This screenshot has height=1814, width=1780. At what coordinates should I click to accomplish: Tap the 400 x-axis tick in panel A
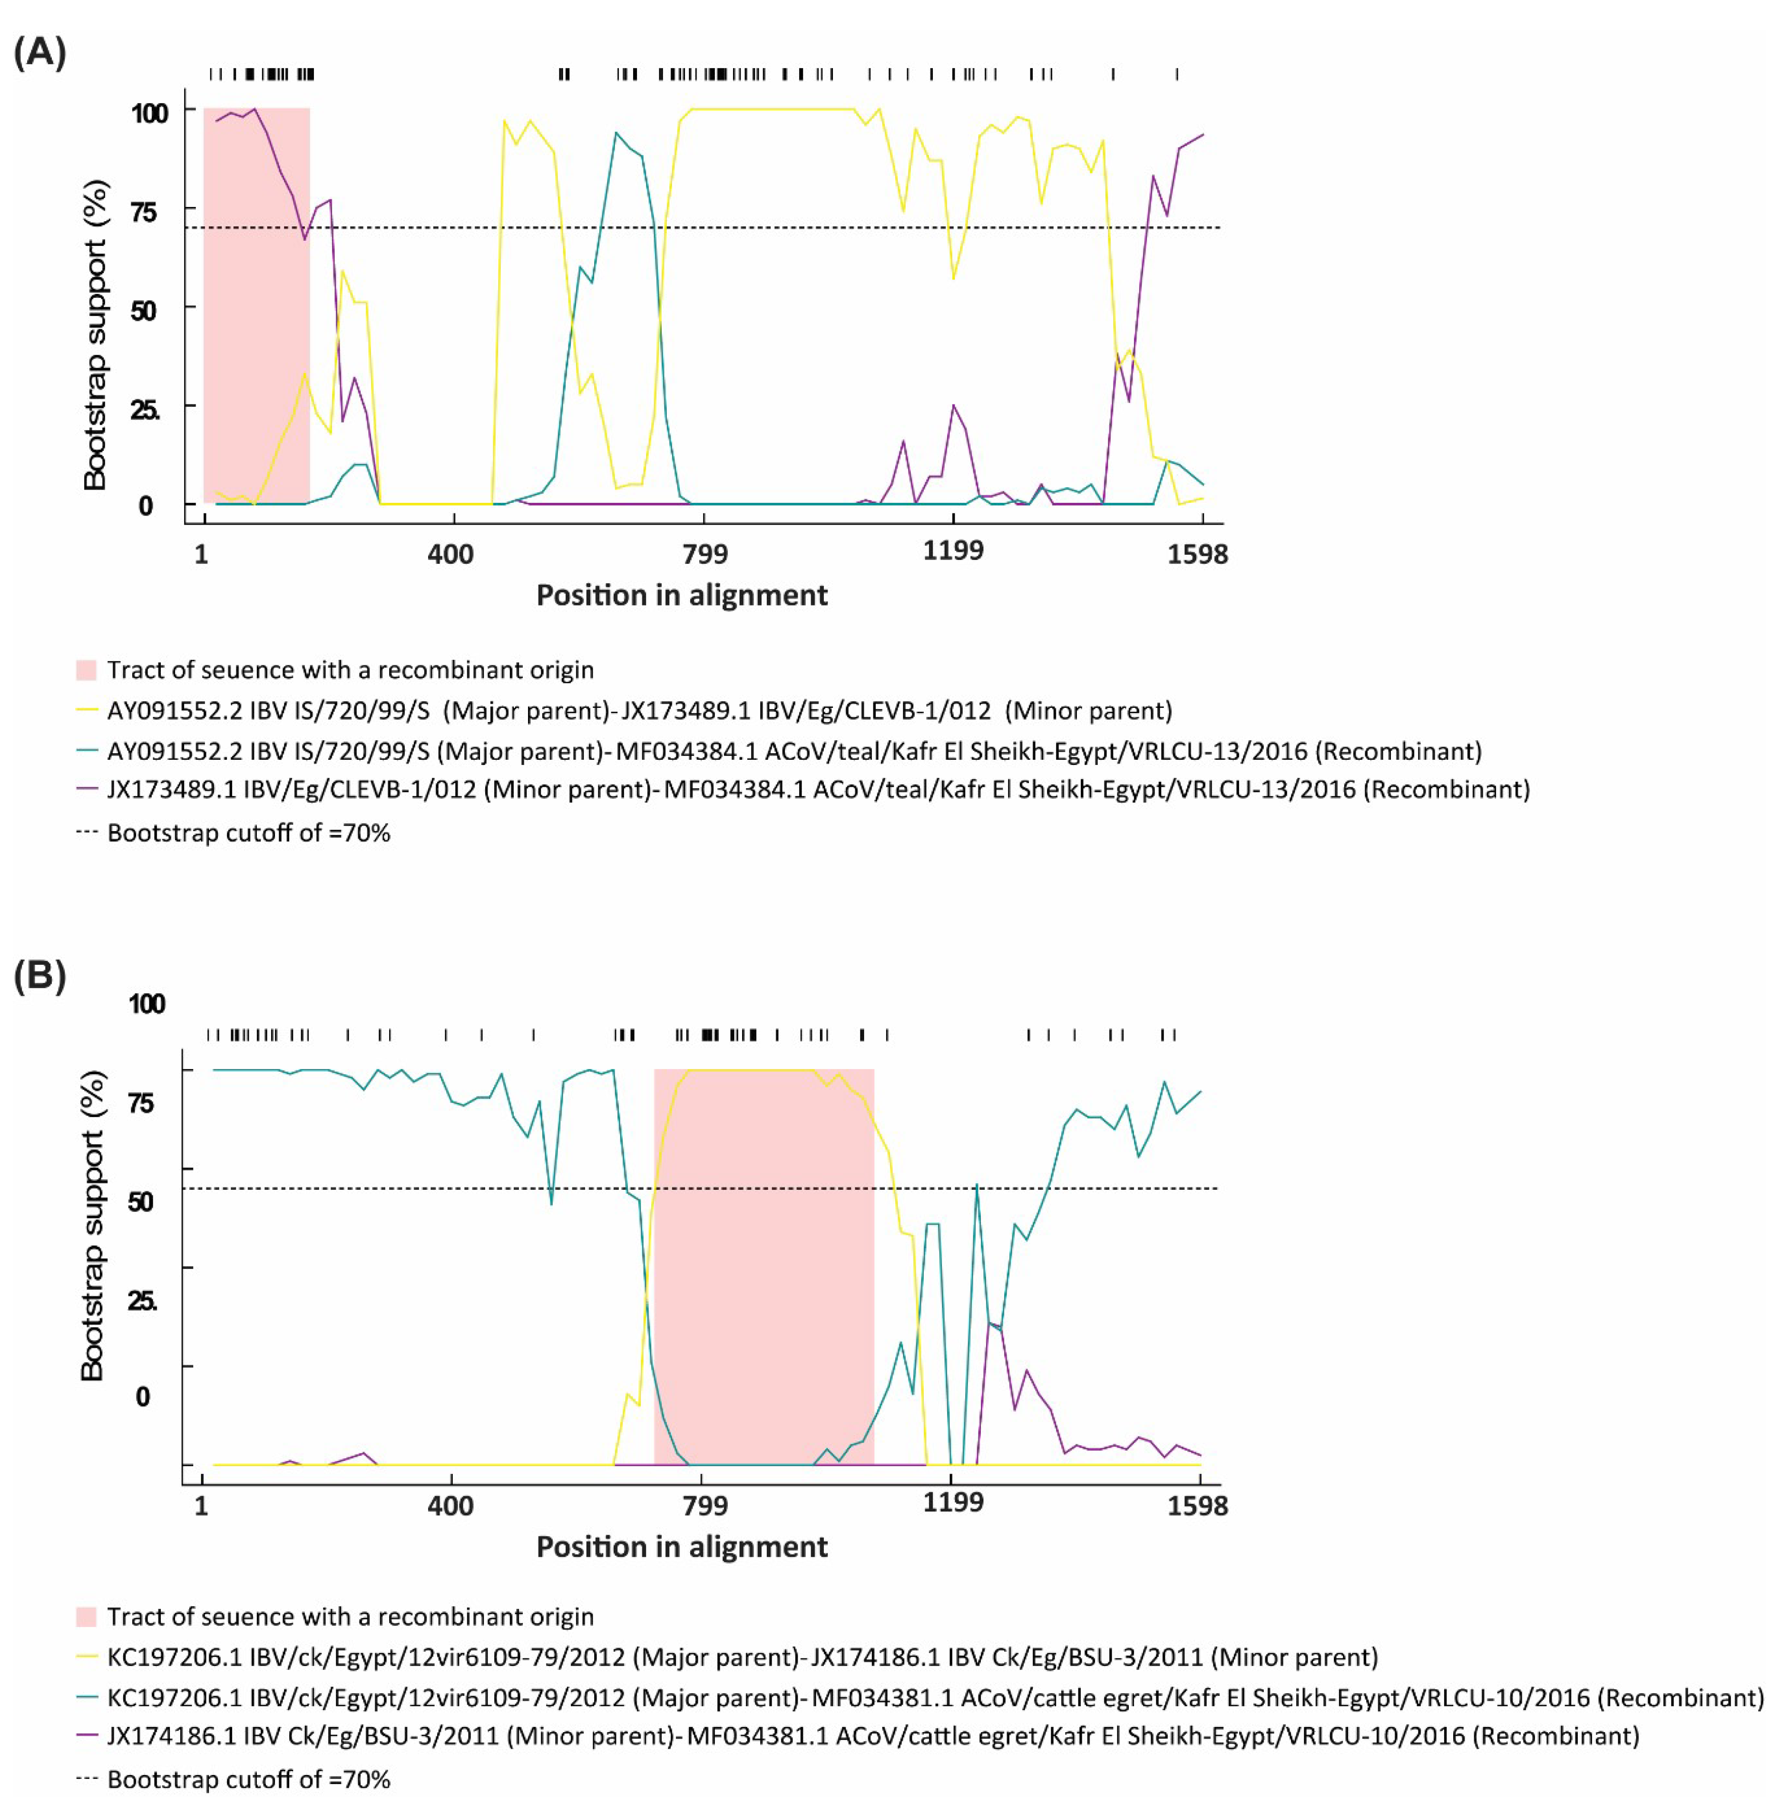[x=450, y=555]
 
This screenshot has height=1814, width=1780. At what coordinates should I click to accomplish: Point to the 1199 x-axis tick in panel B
[x=953, y=1502]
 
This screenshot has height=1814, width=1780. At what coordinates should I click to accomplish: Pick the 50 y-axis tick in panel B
[x=141, y=1201]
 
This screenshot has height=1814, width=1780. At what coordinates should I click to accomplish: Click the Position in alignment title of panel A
[x=682, y=596]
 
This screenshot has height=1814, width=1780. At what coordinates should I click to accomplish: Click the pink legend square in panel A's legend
[x=86, y=669]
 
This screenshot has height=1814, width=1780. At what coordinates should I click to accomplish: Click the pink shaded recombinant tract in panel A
[x=256, y=309]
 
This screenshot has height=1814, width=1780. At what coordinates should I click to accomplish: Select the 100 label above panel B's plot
[x=147, y=1004]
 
